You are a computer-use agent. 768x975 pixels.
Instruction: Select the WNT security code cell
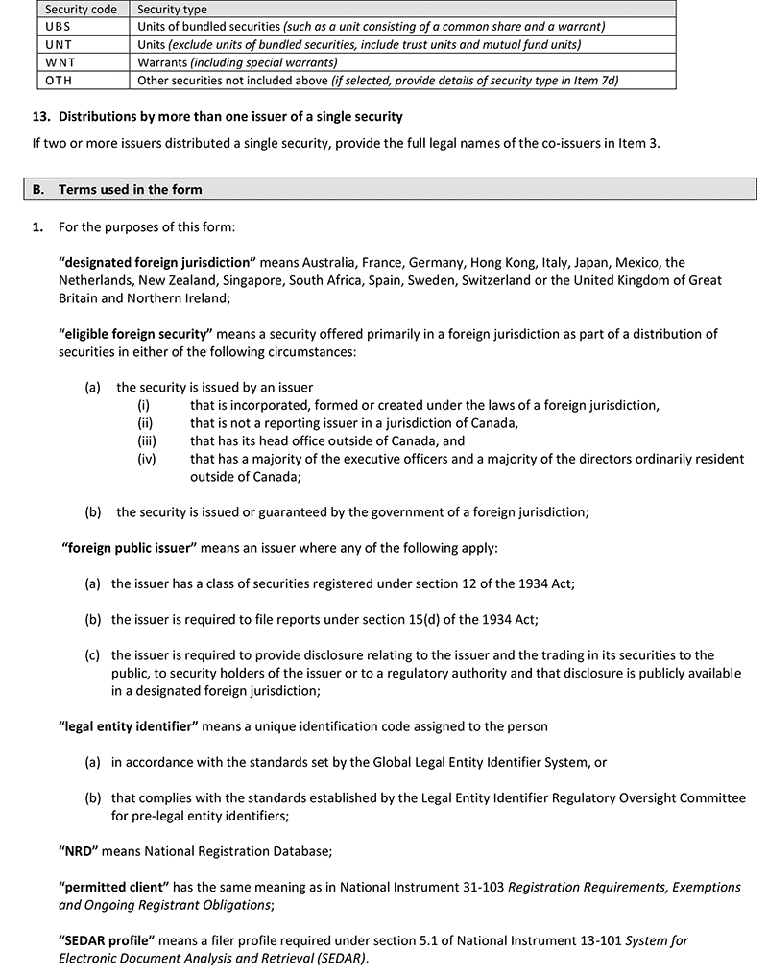pyautogui.click(x=60, y=62)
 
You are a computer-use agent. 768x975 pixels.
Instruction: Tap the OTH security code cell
pyautogui.click(x=60, y=81)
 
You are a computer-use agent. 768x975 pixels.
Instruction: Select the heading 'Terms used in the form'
pyautogui.click(x=131, y=189)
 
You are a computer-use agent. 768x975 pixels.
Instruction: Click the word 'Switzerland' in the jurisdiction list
pyautogui.click(x=542, y=280)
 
